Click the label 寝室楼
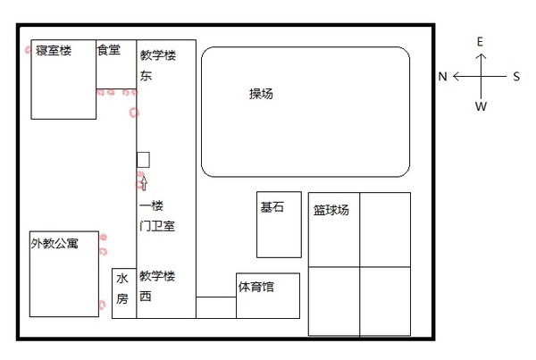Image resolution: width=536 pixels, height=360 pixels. [x=54, y=51]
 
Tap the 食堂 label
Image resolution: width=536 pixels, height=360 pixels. [x=109, y=50]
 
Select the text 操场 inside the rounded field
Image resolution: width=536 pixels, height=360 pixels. [x=261, y=94]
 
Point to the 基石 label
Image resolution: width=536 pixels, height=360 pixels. [x=272, y=207]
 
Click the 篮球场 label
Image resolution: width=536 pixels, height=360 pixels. [x=331, y=210]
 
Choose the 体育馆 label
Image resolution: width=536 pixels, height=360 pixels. [x=256, y=287]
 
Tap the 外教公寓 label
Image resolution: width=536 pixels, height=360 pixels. [x=54, y=243]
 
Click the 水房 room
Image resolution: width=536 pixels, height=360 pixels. [x=124, y=293]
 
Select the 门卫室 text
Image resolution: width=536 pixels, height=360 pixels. [x=157, y=226]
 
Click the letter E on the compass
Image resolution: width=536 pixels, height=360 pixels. [x=480, y=42]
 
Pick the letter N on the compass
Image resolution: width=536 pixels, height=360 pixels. [x=443, y=76]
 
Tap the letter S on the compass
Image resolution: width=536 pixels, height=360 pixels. [x=516, y=76]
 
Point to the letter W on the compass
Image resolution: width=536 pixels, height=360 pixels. [x=481, y=106]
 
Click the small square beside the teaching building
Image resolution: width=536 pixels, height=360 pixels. [x=143, y=160]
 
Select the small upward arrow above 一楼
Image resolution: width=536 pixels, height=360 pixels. [x=144, y=183]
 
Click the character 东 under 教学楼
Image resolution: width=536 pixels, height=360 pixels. [x=146, y=76]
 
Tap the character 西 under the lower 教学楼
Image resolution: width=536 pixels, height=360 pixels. [x=146, y=296]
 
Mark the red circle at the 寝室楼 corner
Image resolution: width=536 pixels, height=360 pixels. [x=28, y=50]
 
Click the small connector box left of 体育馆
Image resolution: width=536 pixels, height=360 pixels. [x=216, y=307]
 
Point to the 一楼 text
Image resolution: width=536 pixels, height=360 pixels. [x=152, y=205]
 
